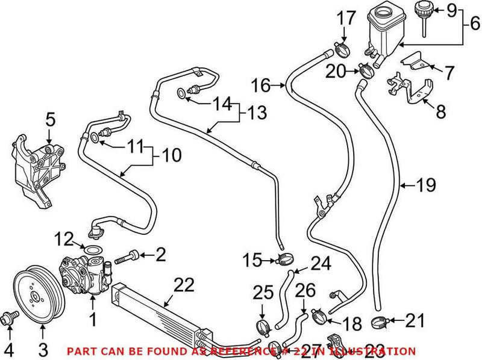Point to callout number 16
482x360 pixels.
260,86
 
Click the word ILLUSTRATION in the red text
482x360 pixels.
377,351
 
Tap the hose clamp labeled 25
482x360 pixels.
263,327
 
